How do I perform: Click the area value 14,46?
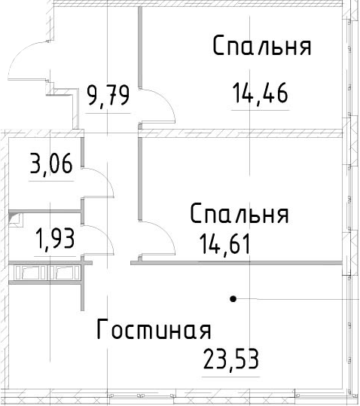tap(261, 93)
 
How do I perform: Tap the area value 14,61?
tap(225, 244)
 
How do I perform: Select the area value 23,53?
tap(231, 359)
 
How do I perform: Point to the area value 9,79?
tap(108, 96)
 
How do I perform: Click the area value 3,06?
tap(51, 163)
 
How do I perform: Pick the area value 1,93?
tap(56, 239)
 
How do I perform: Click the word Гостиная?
tap(154, 329)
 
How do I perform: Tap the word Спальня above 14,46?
tap(262, 45)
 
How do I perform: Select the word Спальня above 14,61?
tap(239, 214)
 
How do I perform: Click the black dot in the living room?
tap(233, 299)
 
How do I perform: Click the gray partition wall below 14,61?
tap(236, 263)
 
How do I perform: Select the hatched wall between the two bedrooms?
tap(241, 133)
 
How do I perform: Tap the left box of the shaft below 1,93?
tap(30, 273)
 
